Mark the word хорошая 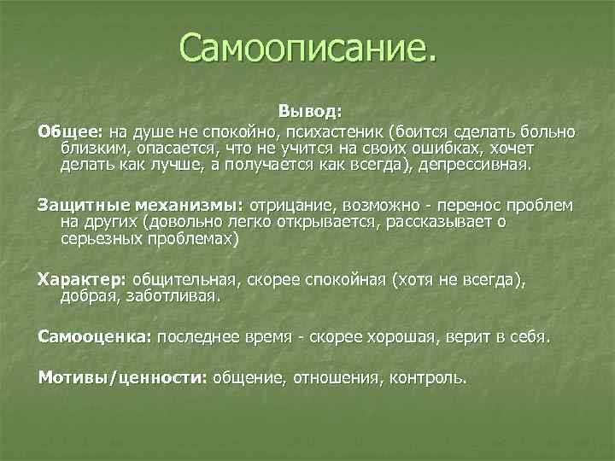click(x=400, y=337)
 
